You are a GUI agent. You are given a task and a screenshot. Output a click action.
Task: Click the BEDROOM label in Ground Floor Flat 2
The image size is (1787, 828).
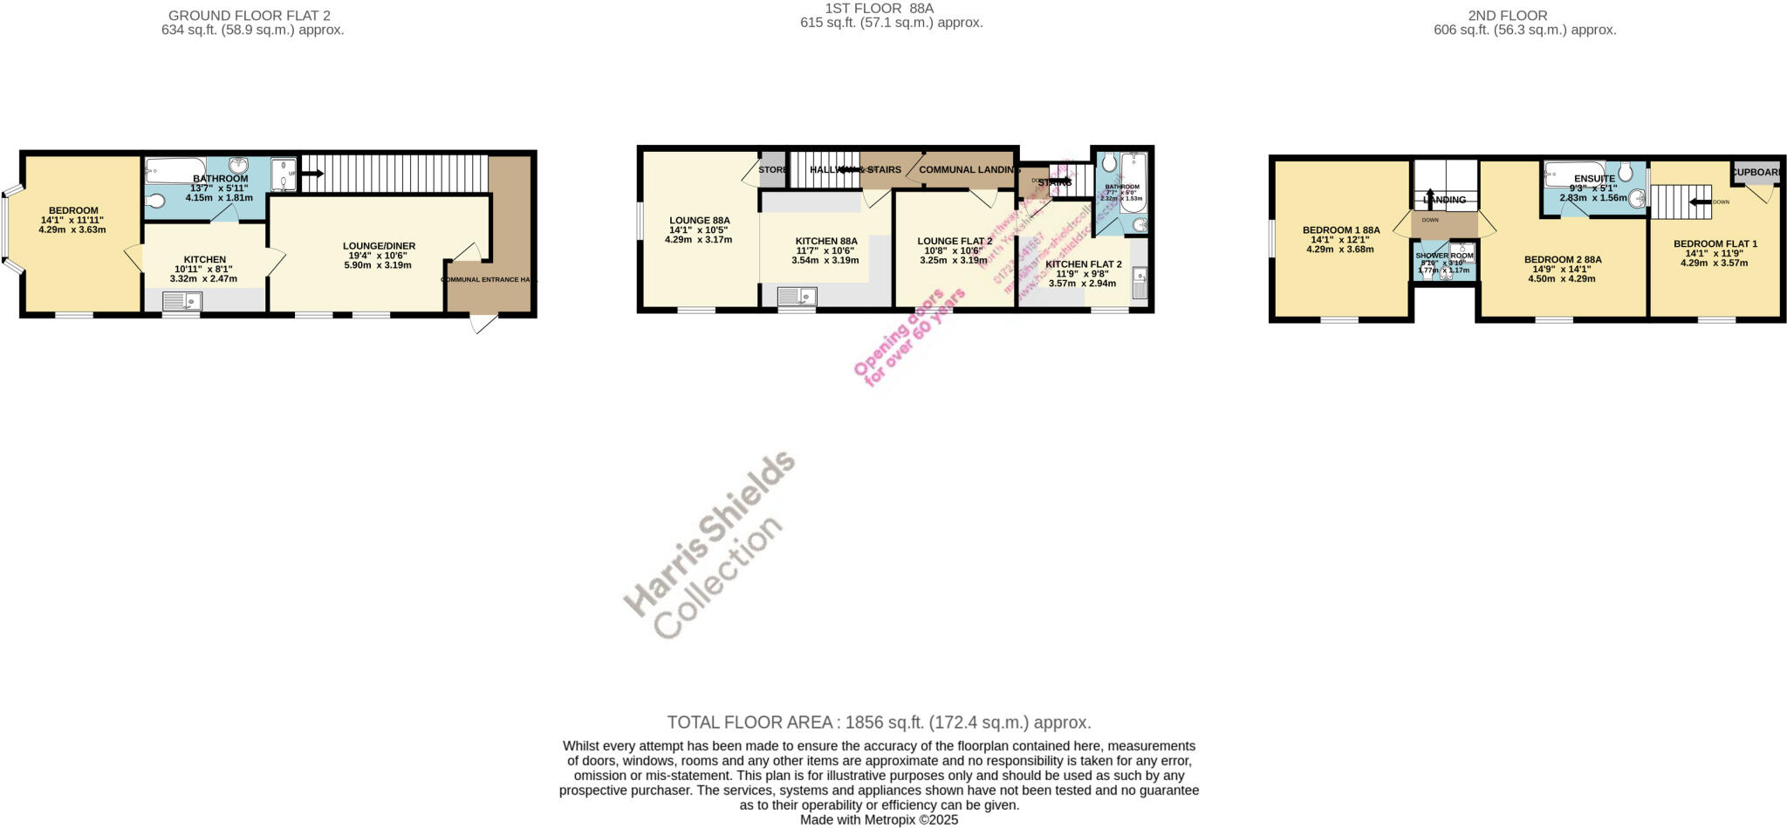(x=73, y=210)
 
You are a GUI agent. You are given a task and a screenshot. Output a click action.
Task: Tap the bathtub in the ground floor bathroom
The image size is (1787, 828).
(x=175, y=169)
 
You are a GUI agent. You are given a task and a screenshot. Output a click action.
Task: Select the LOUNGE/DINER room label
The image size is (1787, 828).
(x=379, y=246)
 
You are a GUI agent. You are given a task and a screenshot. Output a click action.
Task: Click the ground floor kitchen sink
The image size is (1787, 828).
(x=182, y=302)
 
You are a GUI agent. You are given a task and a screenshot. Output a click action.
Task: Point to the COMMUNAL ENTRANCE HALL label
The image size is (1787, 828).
(x=490, y=280)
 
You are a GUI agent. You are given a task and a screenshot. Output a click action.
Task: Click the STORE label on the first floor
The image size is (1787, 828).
(x=772, y=170)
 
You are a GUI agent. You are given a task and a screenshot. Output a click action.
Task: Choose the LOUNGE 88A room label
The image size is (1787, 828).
(x=699, y=221)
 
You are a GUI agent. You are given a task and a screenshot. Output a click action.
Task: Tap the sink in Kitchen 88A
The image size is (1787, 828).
(x=797, y=297)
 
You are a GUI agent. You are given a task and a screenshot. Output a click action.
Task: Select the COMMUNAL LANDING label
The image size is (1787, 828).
(x=968, y=170)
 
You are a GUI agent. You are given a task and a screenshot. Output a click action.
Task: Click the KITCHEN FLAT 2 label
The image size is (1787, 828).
(x=1083, y=264)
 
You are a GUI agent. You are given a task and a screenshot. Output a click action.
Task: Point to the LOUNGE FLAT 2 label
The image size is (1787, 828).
(x=955, y=241)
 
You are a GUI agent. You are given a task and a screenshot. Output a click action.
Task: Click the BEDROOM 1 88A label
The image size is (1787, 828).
(x=1341, y=230)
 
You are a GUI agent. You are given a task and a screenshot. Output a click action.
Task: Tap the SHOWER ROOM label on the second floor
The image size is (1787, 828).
(x=1444, y=256)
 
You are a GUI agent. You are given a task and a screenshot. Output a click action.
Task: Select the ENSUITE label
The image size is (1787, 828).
(x=1594, y=179)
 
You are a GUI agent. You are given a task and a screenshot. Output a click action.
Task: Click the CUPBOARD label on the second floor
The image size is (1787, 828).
(x=1757, y=172)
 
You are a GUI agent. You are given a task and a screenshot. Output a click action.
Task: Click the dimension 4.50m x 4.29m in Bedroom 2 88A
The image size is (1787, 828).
(x=1562, y=279)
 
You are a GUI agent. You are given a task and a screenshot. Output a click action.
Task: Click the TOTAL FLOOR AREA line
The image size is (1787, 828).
(x=879, y=722)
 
